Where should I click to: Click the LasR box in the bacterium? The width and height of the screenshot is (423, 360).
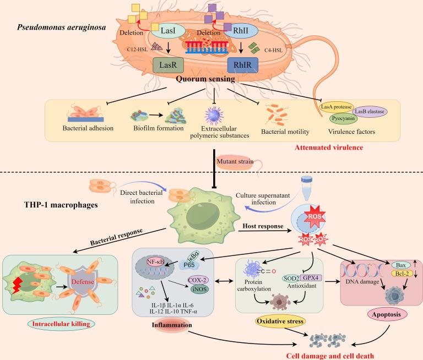point(169,65)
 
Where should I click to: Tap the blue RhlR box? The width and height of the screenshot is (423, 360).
point(242,65)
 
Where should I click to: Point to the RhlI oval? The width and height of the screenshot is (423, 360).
point(241,31)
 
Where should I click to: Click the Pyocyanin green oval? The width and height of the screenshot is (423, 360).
point(343,118)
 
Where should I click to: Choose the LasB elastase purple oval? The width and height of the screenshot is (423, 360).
point(370,111)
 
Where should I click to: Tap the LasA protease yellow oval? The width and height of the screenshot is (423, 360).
point(336,107)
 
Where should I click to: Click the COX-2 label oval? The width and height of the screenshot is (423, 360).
point(198,280)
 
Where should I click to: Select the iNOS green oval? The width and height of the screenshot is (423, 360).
point(200,290)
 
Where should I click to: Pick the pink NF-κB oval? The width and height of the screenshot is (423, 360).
point(155,261)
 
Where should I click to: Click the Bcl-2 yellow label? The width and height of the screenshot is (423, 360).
point(402,274)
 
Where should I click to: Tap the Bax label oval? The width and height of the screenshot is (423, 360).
point(401,265)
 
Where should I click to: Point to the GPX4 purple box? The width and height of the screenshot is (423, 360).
point(311,278)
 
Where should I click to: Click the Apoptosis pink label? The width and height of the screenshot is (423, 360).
point(386,314)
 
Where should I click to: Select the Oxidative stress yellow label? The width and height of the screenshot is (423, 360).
point(280,321)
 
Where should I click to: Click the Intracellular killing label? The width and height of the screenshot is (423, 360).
point(61,324)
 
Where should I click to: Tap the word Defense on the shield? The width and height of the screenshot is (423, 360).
point(83,282)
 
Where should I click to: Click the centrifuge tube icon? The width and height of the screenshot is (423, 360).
point(306,188)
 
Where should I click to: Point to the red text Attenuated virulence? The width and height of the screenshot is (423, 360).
point(329,148)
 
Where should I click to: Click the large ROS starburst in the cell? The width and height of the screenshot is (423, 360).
point(314,216)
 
